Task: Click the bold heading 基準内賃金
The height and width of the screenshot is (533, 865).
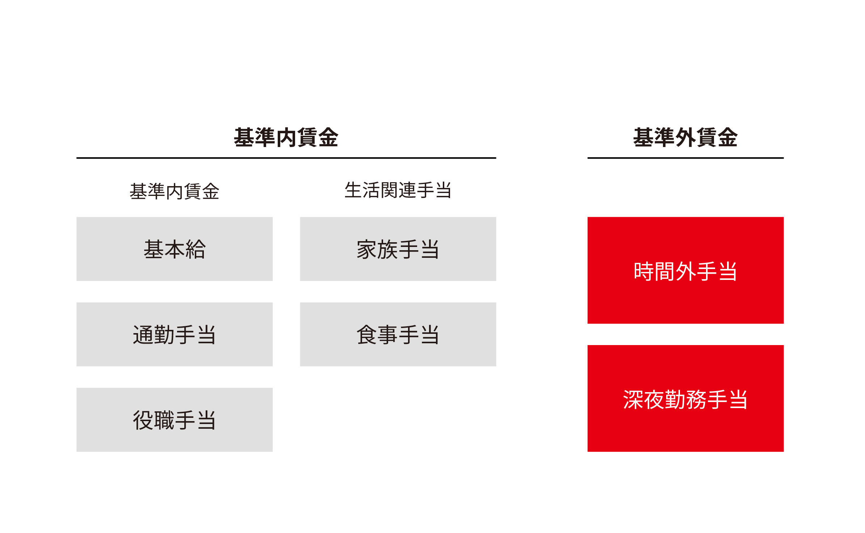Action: [x=286, y=137]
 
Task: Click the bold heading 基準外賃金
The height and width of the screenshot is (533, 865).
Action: [x=685, y=137]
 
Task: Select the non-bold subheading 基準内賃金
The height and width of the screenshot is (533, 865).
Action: [x=175, y=191]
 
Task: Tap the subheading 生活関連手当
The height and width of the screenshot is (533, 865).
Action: [x=398, y=190]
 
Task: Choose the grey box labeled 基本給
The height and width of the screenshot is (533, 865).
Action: [x=175, y=249]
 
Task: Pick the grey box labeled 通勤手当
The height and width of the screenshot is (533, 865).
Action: [x=175, y=334]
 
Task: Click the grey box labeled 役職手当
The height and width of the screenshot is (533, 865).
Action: [x=175, y=420]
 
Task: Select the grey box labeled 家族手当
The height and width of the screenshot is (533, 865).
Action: [x=398, y=249]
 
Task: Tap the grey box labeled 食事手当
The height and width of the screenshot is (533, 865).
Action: [x=398, y=334]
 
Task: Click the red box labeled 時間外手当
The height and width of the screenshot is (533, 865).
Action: [x=685, y=270]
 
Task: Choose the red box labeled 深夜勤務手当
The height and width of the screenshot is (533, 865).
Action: [x=685, y=398]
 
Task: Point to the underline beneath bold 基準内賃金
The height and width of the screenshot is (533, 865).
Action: [x=286, y=158]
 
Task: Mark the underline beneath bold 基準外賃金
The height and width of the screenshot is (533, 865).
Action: [x=685, y=158]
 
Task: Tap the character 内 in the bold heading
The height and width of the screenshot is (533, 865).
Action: [x=286, y=138]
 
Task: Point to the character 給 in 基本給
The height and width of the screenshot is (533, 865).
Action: [x=196, y=249]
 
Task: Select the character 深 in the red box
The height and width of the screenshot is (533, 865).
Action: [x=633, y=399]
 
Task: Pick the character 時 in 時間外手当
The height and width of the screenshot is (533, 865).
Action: [x=644, y=271]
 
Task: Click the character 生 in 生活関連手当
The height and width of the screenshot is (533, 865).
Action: [x=353, y=190]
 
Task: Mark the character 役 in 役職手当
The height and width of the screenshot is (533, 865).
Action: [x=143, y=420]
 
